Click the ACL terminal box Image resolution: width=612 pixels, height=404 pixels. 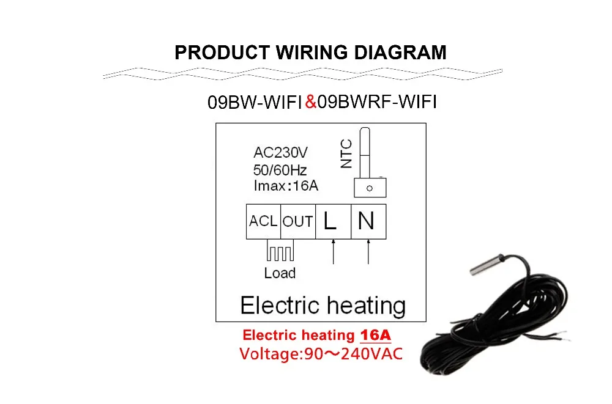coord(263,221)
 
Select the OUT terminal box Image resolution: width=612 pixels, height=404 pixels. coord(298,221)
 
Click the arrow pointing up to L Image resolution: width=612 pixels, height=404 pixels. coord(333,251)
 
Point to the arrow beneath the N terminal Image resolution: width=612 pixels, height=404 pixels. coord(368,251)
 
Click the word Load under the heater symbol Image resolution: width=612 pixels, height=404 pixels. coord(280,273)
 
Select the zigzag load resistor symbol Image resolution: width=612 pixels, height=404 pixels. coord(280,252)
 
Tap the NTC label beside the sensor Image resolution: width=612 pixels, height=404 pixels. coord(346,154)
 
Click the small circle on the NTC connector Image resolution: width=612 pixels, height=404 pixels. coord(369,188)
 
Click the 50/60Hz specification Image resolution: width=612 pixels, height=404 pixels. coord(280,169)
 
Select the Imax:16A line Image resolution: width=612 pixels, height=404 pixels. coord(286,186)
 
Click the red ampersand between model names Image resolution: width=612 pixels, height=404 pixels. coord(310,102)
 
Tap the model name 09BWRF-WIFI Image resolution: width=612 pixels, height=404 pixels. coord(376,102)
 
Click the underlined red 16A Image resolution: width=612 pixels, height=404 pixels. coord(376,336)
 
